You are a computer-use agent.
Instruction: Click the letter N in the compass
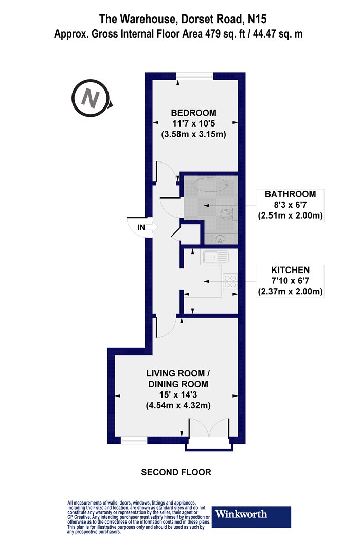coord(91,99)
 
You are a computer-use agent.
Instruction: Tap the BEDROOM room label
coord(193,113)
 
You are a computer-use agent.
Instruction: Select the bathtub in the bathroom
coord(210,185)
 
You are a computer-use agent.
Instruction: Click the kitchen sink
coord(215,257)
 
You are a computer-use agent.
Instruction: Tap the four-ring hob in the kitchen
coord(230,281)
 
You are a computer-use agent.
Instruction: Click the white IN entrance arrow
coord(152,227)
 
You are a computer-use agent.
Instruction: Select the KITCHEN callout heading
coord(290,270)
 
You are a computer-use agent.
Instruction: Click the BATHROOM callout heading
coord(290,194)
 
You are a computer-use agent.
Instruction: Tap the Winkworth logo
coord(251,516)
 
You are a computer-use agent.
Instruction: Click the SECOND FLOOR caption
coord(176,472)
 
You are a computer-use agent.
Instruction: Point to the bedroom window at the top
coord(194,76)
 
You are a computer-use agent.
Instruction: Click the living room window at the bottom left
coord(134,440)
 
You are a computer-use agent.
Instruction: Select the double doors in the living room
coord(209,429)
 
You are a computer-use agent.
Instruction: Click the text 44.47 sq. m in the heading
coord(278,34)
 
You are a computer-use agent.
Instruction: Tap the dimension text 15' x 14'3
coord(178,394)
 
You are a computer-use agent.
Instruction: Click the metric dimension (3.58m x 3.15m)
coord(193,134)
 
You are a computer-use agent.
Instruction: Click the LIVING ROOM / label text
coord(178,373)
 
